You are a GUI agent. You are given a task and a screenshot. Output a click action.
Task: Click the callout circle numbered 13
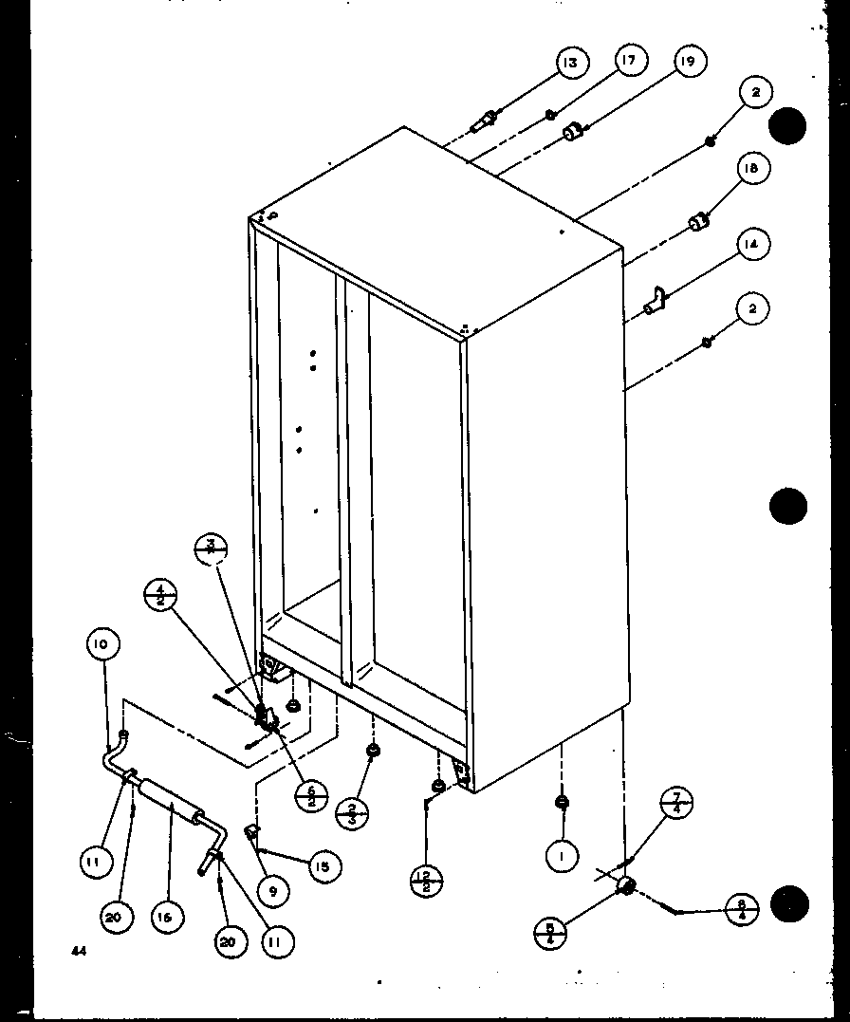[569, 64]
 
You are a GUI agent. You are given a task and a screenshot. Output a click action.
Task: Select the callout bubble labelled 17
[629, 61]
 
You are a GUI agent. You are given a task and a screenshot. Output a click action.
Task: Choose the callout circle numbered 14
[750, 244]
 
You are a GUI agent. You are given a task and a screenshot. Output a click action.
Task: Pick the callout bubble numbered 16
[167, 918]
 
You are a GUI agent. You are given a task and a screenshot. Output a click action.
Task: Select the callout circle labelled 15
[323, 866]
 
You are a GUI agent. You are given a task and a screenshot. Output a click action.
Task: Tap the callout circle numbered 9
[272, 890]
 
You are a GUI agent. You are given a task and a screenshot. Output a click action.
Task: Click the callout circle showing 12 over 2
[426, 882]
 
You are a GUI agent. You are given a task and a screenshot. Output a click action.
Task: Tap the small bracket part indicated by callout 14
[656, 303]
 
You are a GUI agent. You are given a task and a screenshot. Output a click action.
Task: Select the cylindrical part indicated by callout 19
[572, 133]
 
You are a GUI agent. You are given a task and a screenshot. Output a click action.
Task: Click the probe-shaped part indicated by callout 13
[485, 121]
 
